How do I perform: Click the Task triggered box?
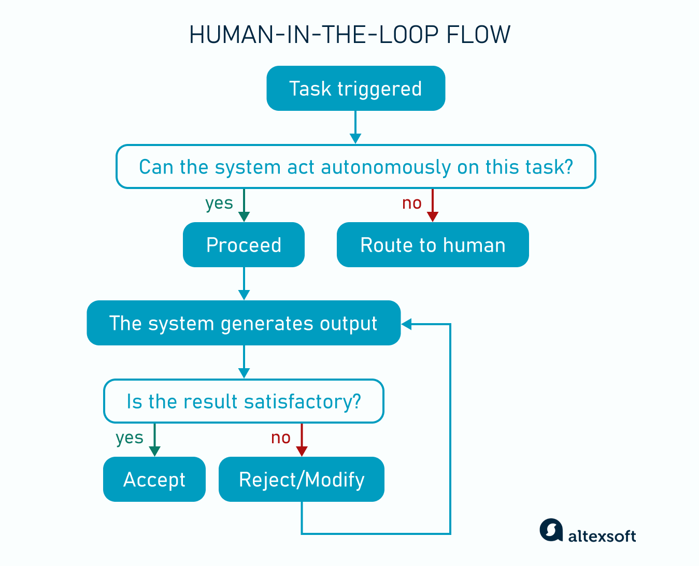pos(355,89)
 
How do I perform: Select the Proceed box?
pos(244,245)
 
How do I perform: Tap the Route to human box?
pos(433,245)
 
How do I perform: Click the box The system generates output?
pos(244,323)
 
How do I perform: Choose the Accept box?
pos(154,480)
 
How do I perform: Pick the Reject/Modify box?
pos(302,480)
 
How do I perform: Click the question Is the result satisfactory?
pos(244,401)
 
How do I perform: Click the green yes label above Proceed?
pos(219,203)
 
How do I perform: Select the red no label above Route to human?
pos(412,203)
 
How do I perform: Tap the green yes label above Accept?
pos(130,438)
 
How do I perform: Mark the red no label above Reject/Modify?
pos(281,438)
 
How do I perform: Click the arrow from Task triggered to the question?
pos(355,127)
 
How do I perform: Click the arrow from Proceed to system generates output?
pos(244,284)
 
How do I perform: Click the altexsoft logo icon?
pos(551,530)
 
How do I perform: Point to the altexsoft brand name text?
pos(602,536)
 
